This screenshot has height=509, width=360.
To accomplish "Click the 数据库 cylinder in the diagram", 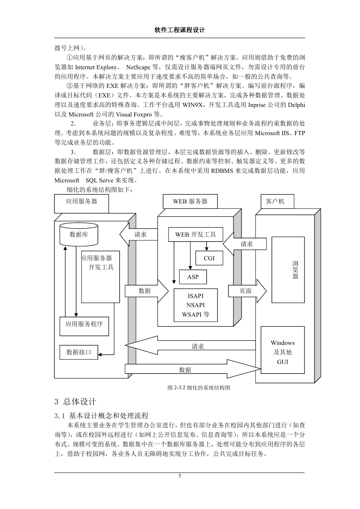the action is pyautogui.click(x=79, y=234).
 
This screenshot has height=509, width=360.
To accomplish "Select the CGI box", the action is pyautogui.click(x=209, y=258).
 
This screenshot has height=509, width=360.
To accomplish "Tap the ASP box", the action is pyautogui.click(x=193, y=277).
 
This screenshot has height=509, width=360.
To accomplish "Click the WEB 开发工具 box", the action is pyautogui.click(x=196, y=234).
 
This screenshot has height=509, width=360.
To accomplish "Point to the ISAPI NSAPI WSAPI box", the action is pyautogui.click(x=196, y=305).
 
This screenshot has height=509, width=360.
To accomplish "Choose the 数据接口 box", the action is pyautogui.click(x=79, y=352).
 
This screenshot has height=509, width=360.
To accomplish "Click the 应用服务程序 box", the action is pyautogui.click(x=84, y=326).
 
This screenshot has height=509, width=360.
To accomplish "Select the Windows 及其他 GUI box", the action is pyautogui.click(x=283, y=350).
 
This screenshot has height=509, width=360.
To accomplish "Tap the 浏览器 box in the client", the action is pyautogui.click(x=288, y=270).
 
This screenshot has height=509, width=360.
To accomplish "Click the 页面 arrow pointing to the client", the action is pyautogui.click(x=247, y=291).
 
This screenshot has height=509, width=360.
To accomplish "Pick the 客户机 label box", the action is pyautogui.click(x=277, y=201).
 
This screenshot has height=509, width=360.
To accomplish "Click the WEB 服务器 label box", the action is pyautogui.click(x=190, y=201).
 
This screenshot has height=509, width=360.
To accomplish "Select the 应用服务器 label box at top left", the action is pyautogui.click(x=82, y=204).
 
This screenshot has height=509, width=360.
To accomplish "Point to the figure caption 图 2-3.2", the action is pyautogui.click(x=199, y=388).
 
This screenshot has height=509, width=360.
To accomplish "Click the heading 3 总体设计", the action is pyautogui.click(x=75, y=402).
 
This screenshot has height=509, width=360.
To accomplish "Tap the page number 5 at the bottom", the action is pyautogui.click(x=180, y=476).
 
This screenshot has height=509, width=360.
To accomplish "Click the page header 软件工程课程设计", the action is pyautogui.click(x=180, y=30).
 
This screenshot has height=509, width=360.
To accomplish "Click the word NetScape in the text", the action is pyautogui.click(x=138, y=67).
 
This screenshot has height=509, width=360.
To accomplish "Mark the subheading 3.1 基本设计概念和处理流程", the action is pyautogui.click(x=101, y=416).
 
